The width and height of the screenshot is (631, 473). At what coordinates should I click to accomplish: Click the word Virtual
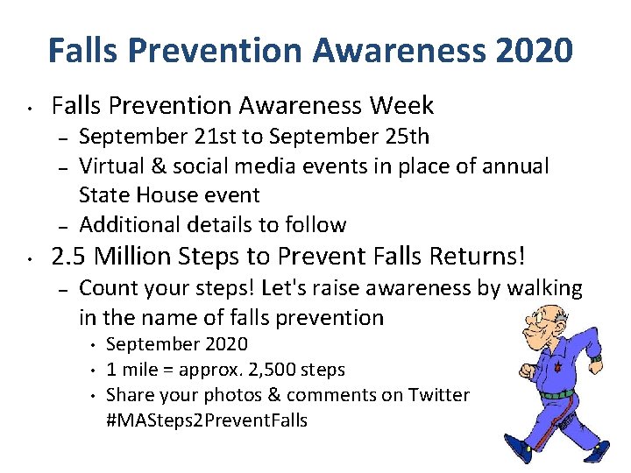click(x=113, y=166)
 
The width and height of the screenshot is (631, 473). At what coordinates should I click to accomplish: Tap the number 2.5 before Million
click(x=69, y=257)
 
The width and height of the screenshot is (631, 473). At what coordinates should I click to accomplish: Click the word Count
click(x=106, y=288)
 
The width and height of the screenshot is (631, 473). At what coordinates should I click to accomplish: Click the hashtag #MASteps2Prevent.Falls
click(x=207, y=420)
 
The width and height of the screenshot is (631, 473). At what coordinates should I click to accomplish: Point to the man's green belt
click(x=557, y=394)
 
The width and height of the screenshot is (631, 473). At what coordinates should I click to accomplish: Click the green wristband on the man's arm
click(x=595, y=360)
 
